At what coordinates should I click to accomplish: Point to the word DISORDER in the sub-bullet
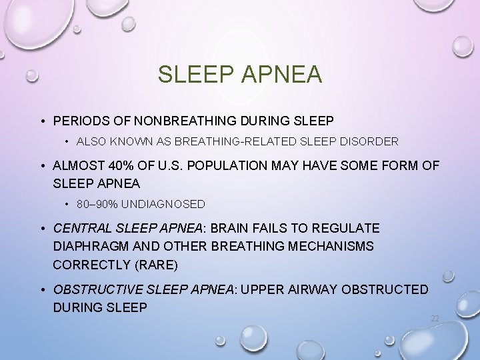371,141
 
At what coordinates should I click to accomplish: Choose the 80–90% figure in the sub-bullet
95,203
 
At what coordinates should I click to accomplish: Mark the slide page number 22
435,319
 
